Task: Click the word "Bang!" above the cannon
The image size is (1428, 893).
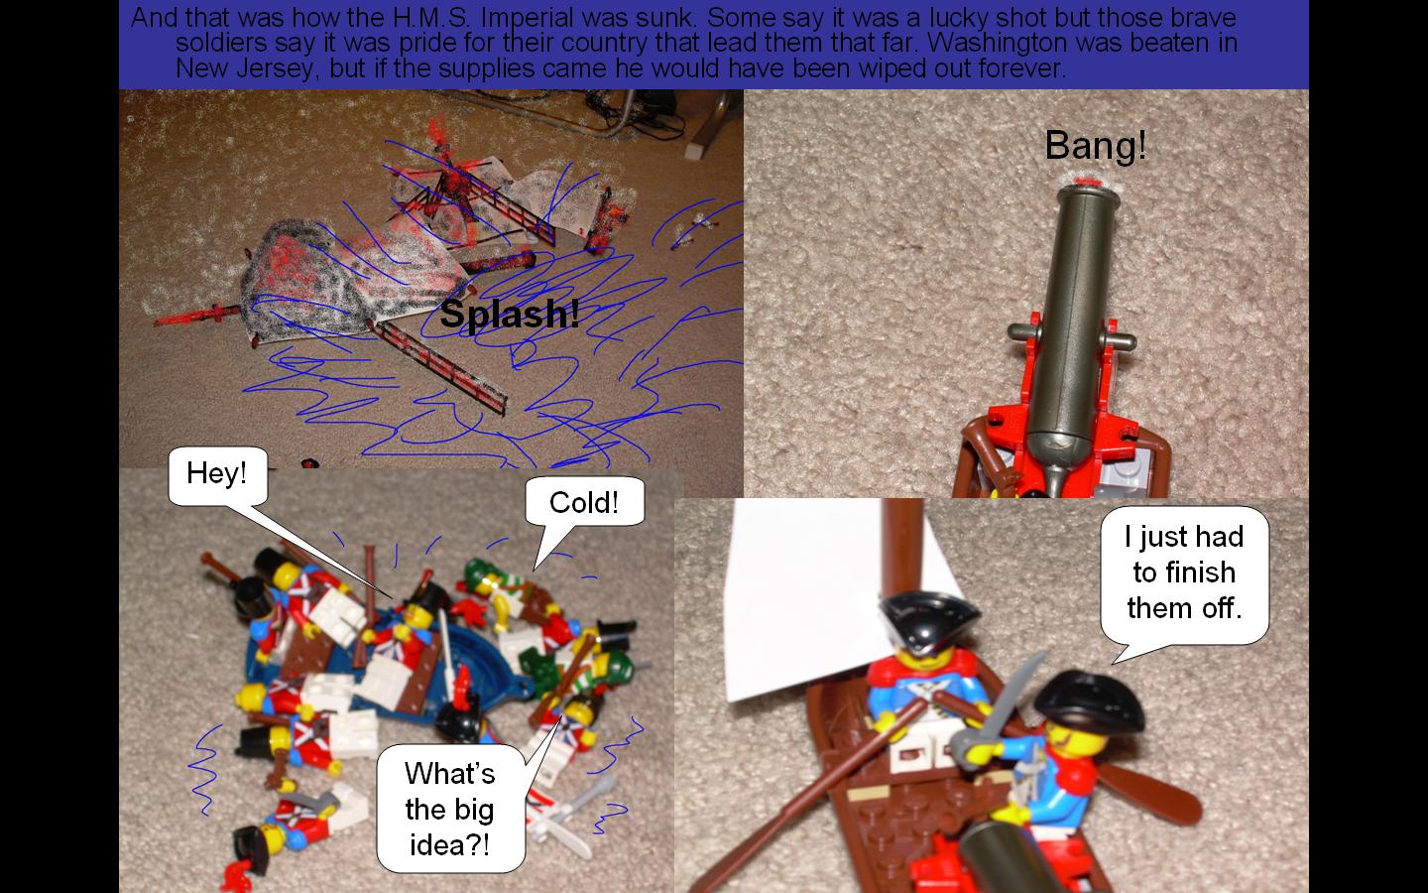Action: [1095, 146]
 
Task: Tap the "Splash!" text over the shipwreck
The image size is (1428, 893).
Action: [510, 314]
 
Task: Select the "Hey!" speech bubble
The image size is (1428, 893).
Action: [217, 474]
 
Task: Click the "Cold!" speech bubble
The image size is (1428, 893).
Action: [584, 503]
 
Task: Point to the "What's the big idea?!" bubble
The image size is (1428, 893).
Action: [450, 809]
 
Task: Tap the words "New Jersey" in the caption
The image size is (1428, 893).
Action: [246, 68]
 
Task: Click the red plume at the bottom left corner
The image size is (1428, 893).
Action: [236, 874]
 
